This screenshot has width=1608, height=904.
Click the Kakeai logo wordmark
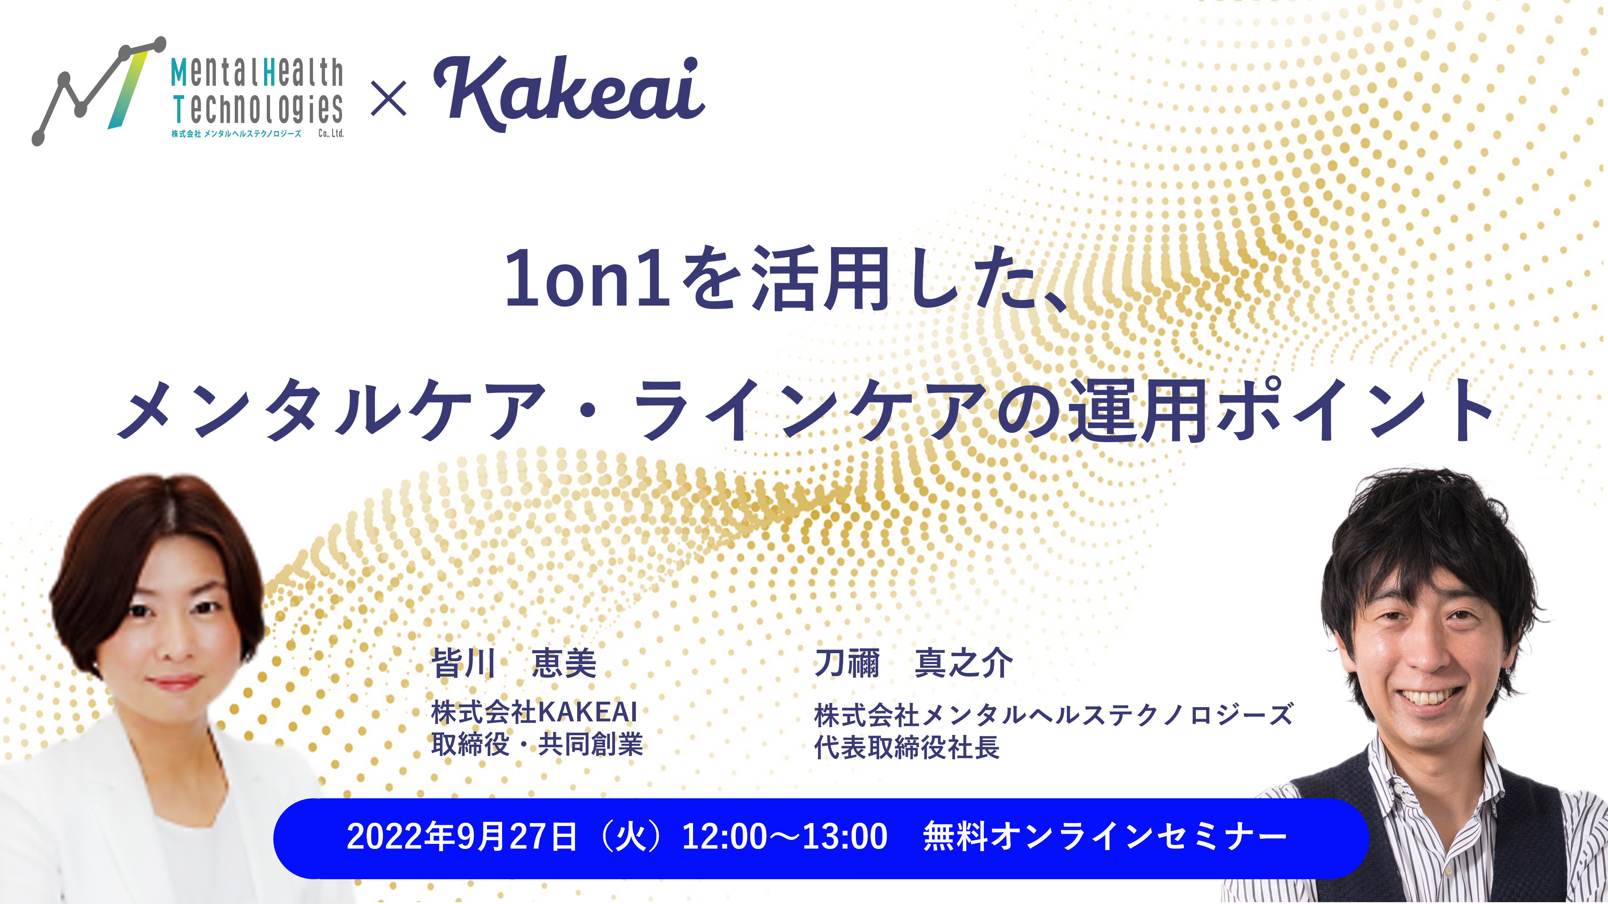point(569,94)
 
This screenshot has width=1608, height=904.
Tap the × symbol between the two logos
point(388,98)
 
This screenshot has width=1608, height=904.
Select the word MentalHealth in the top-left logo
point(257,73)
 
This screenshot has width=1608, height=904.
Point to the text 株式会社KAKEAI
point(534,712)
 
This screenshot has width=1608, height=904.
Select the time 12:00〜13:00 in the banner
point(785,837)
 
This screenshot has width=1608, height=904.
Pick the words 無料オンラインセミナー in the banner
point(1105,837)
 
